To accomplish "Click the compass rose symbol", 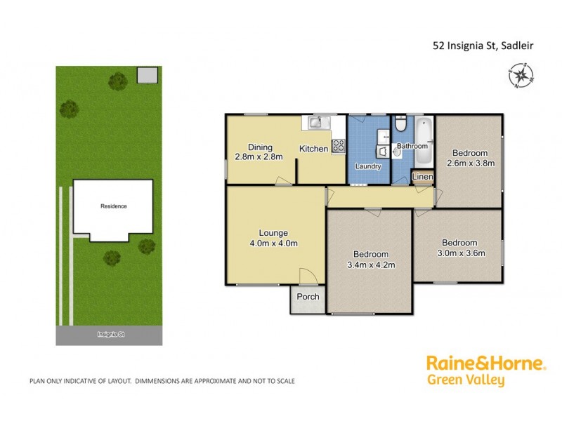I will point(520,75).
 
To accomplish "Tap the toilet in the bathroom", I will point(398,125).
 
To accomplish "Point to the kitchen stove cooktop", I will point(338,146).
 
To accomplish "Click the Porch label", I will point(308,297).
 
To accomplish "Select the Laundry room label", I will point(368,166).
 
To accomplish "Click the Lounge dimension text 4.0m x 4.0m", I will point(275,243).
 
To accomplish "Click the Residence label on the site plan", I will point(113,206).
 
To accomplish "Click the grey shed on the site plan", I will point(147,74).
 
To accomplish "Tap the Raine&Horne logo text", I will point(485,363).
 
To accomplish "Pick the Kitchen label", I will point(313,149).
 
